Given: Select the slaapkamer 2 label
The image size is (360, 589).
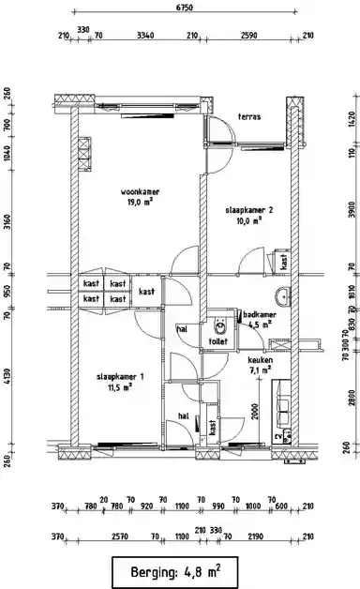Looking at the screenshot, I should coord(249,210).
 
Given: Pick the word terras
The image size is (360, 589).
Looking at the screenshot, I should coord(249,117).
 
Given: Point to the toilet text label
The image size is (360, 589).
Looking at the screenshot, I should coord(218,341).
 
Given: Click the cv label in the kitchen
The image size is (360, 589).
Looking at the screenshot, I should coord(278,436).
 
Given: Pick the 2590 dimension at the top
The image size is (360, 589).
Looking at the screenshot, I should coord(247,37).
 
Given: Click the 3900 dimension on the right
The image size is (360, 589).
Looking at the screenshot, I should coord(352,212).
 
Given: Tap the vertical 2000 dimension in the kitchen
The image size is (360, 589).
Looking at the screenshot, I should coord(255,411).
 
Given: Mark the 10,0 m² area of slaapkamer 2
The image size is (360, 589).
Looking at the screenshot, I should coord(247,221).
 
